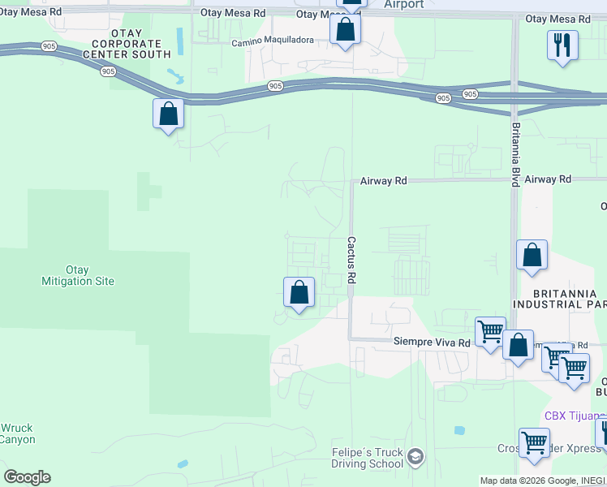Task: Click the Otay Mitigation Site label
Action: [78, 275]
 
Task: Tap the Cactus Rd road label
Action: [351, 260]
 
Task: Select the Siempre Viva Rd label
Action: [431, 343]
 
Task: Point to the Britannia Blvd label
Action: [515, 154]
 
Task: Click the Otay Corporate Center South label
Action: [131, 43]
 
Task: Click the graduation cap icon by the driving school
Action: [415, 457]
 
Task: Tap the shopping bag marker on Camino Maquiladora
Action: [345, 30]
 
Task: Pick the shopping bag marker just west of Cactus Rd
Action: [299, 291]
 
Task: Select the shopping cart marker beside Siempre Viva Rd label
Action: [490, 331]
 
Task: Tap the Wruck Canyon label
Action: [17, 433]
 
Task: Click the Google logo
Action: [27, 477]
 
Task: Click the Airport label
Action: [403, 5]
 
